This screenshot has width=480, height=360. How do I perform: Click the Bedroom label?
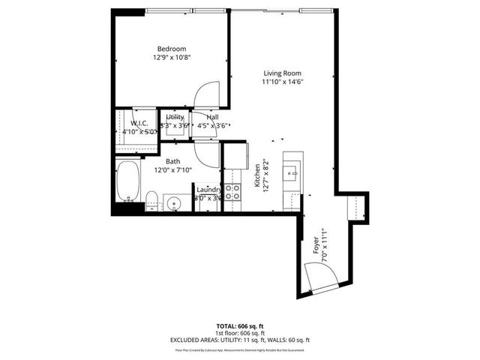(170, 49)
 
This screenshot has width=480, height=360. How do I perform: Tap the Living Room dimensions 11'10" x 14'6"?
(282, 82)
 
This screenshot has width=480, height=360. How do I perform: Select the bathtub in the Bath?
(128, 181)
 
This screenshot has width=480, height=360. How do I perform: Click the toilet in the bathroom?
(151, 200)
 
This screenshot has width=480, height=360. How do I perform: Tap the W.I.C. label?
(139, 123)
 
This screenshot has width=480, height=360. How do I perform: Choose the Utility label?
(175, 118)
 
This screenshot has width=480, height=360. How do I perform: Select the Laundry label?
(208, 190)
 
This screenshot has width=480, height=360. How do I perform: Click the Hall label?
(212, 118)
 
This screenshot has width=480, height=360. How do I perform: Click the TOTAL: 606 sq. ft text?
(240, 327)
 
